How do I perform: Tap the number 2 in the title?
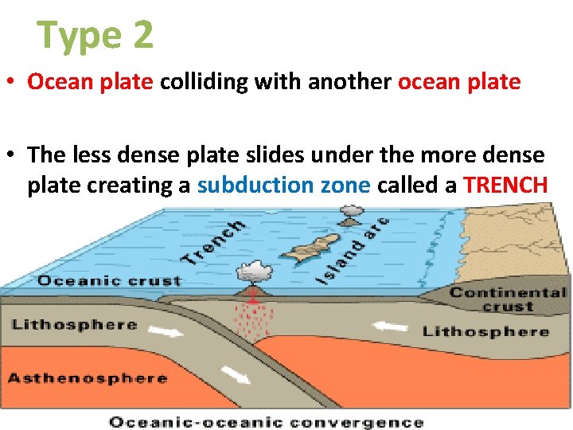(138, 36)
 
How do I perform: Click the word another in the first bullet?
(350, 82)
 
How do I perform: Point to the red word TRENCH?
(505, 186)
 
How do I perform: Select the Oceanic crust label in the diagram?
(110, 281)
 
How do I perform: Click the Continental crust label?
(508, 299)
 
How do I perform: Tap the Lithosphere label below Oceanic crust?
(74, 325)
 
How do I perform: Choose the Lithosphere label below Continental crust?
(485, 330)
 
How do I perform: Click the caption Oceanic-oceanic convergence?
(266, 422)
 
